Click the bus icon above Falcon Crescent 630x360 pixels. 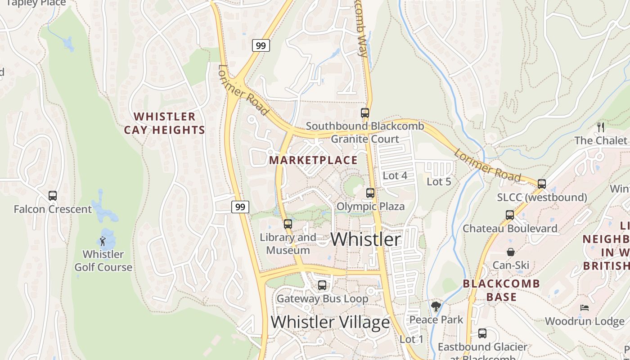point(53,196)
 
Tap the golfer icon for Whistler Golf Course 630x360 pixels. point(103,241)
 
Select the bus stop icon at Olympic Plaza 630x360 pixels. point(370,193)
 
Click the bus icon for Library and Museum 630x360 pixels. point(288,224)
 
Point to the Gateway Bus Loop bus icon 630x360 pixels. point(322,285)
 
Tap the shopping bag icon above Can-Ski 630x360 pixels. point(511,252)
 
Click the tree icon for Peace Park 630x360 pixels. point(436,306)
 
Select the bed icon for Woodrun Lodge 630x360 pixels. point(585,308)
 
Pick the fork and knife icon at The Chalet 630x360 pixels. point(601,127)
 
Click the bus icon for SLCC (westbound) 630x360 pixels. point(542,184)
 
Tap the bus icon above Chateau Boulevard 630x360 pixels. point(510,215)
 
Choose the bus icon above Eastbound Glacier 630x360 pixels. point(482,333)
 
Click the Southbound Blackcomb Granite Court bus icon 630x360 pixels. point(365,112)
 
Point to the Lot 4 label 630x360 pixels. point(395,175)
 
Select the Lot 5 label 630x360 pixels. point(439,182)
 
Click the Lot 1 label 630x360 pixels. point(411,339)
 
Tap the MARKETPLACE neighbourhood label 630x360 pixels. point(313,160)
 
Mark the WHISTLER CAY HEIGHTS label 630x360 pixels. point(165,123)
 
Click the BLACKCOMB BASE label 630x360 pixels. point(501,290)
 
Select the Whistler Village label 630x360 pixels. point(330,322)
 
